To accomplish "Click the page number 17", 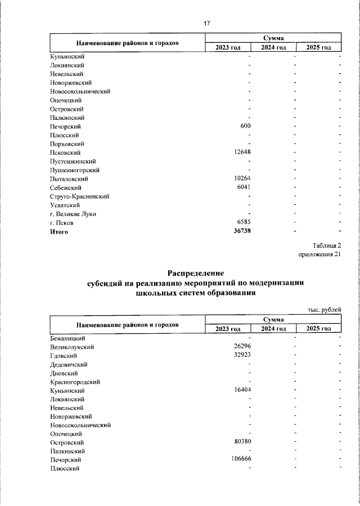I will tap(206, 23).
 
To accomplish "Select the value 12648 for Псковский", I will tap(242, 153).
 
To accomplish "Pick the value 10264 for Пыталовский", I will tap(242, 179).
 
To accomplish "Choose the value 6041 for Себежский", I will tap(244, 187).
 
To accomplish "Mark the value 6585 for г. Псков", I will tap(244, 223).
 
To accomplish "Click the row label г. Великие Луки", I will tap(73, 214).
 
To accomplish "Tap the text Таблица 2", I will tap(326, 245).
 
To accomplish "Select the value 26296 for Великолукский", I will tap(242, 347).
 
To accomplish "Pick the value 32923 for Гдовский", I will tap(242, 355).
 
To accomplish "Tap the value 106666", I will tap(240, 460).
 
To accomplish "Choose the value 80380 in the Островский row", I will tap(242, 442).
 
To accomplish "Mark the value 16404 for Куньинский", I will tap(242, 390).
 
